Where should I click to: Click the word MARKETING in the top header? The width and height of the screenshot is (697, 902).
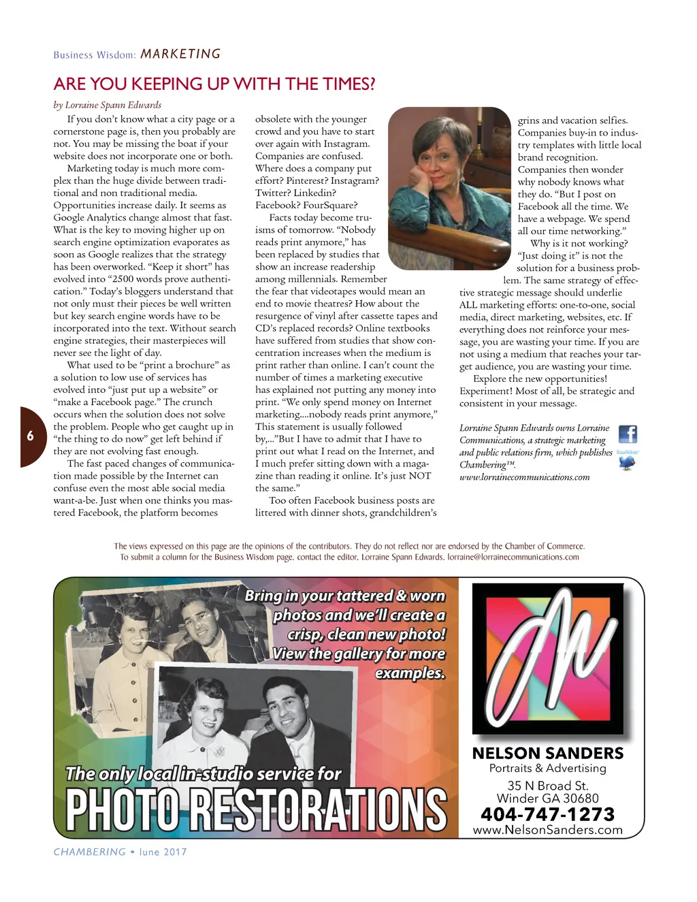click(180, 54)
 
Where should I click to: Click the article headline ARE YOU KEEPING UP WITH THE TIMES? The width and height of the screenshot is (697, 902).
click(214, 84)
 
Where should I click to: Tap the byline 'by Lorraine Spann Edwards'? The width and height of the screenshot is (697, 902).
click(108, 105)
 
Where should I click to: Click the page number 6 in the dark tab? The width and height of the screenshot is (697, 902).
click(30, 436)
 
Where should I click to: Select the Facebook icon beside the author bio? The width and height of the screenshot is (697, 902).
click(627, 434)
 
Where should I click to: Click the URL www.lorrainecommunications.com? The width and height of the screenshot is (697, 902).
click(524, 477)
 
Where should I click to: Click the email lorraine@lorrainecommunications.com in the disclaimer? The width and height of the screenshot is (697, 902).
click(513, 557)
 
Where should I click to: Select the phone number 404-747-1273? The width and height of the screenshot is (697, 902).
click(547, 814)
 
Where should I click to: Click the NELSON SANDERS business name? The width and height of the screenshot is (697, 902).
click(547, 753)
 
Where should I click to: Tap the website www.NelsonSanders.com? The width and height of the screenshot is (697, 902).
click(547, 830)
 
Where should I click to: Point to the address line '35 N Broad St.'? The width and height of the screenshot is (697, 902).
click(547, 786)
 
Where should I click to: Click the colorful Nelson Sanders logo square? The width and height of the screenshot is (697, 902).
click(548, 658)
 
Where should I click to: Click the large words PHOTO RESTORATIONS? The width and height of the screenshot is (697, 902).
click(256, 810)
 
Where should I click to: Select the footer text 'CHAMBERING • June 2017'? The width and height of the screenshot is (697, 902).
click(120, 852)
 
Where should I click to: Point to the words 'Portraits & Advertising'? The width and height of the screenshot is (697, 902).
click(547, 769)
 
